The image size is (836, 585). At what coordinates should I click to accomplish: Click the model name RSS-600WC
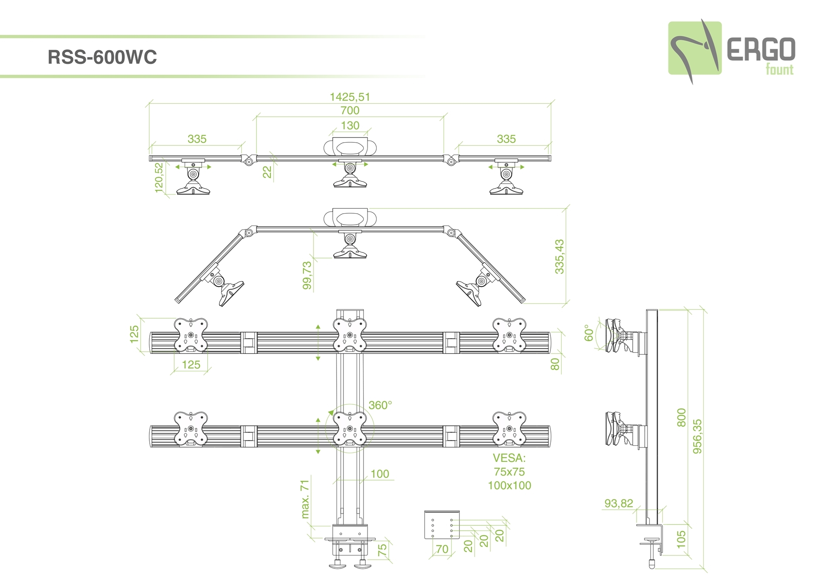point(102,57)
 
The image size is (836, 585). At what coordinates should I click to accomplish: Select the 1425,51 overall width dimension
point(350,97)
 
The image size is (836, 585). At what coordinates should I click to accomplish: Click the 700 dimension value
point(350,111)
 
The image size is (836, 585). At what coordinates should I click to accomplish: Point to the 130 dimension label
point(350,125)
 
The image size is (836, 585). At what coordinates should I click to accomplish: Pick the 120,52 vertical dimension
point(159,177)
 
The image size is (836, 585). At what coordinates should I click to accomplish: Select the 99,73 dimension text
point(307,275)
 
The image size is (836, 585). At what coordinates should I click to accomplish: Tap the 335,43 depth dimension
point(560,256)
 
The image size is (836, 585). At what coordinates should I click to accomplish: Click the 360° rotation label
point(380,405)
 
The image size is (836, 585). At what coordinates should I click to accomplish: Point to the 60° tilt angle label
point(589,333)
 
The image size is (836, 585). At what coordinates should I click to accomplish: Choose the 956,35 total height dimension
point(697,436)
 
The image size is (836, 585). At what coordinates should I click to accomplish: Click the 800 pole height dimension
point(681,417)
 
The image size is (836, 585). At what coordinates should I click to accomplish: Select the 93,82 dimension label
point(618,504)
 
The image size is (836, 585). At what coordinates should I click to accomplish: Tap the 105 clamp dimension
point(681,539)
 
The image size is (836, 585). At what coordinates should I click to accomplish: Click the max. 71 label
point(305,499)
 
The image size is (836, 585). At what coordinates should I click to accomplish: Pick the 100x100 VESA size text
point(509,485)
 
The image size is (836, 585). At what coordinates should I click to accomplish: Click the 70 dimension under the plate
point(442,549)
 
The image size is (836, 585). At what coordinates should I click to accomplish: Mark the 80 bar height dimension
point(555,364)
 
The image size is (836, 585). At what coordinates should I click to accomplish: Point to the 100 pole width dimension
point(380,474)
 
